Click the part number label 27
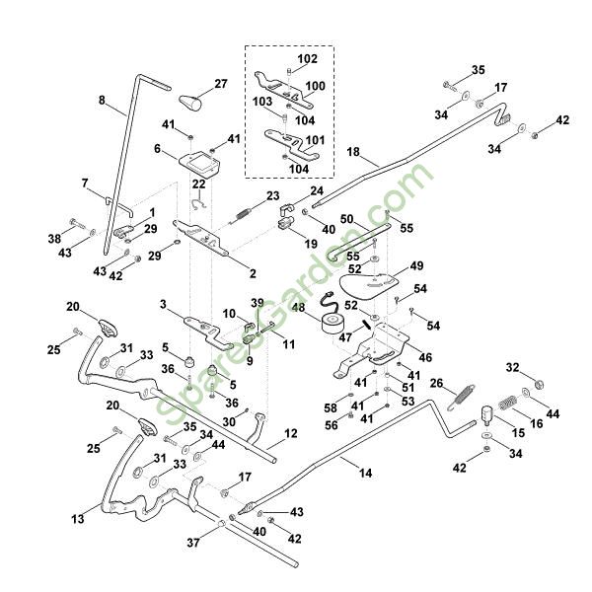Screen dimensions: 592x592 click(221, 85)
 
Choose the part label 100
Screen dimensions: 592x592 click(315, 87)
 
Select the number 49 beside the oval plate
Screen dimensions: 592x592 click(416, 265)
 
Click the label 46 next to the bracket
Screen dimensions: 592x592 click(425, 358)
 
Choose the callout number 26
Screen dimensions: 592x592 click(437, 384)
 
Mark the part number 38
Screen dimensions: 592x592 click(53, 240)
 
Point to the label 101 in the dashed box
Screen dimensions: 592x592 click(315, 140)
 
